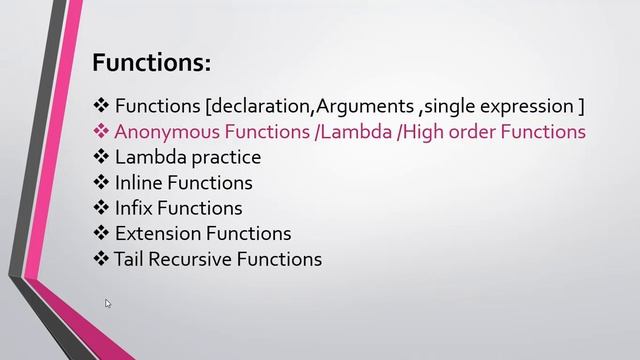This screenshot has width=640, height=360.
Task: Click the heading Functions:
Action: (x=151, y=63)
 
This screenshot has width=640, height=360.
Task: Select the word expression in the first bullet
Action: (x=527, y=106)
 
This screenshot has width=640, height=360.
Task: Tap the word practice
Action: (x=225, y=157)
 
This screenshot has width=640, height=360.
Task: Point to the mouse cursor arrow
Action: (x=107, y=302)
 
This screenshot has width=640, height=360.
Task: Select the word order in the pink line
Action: (x=475, y=131)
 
